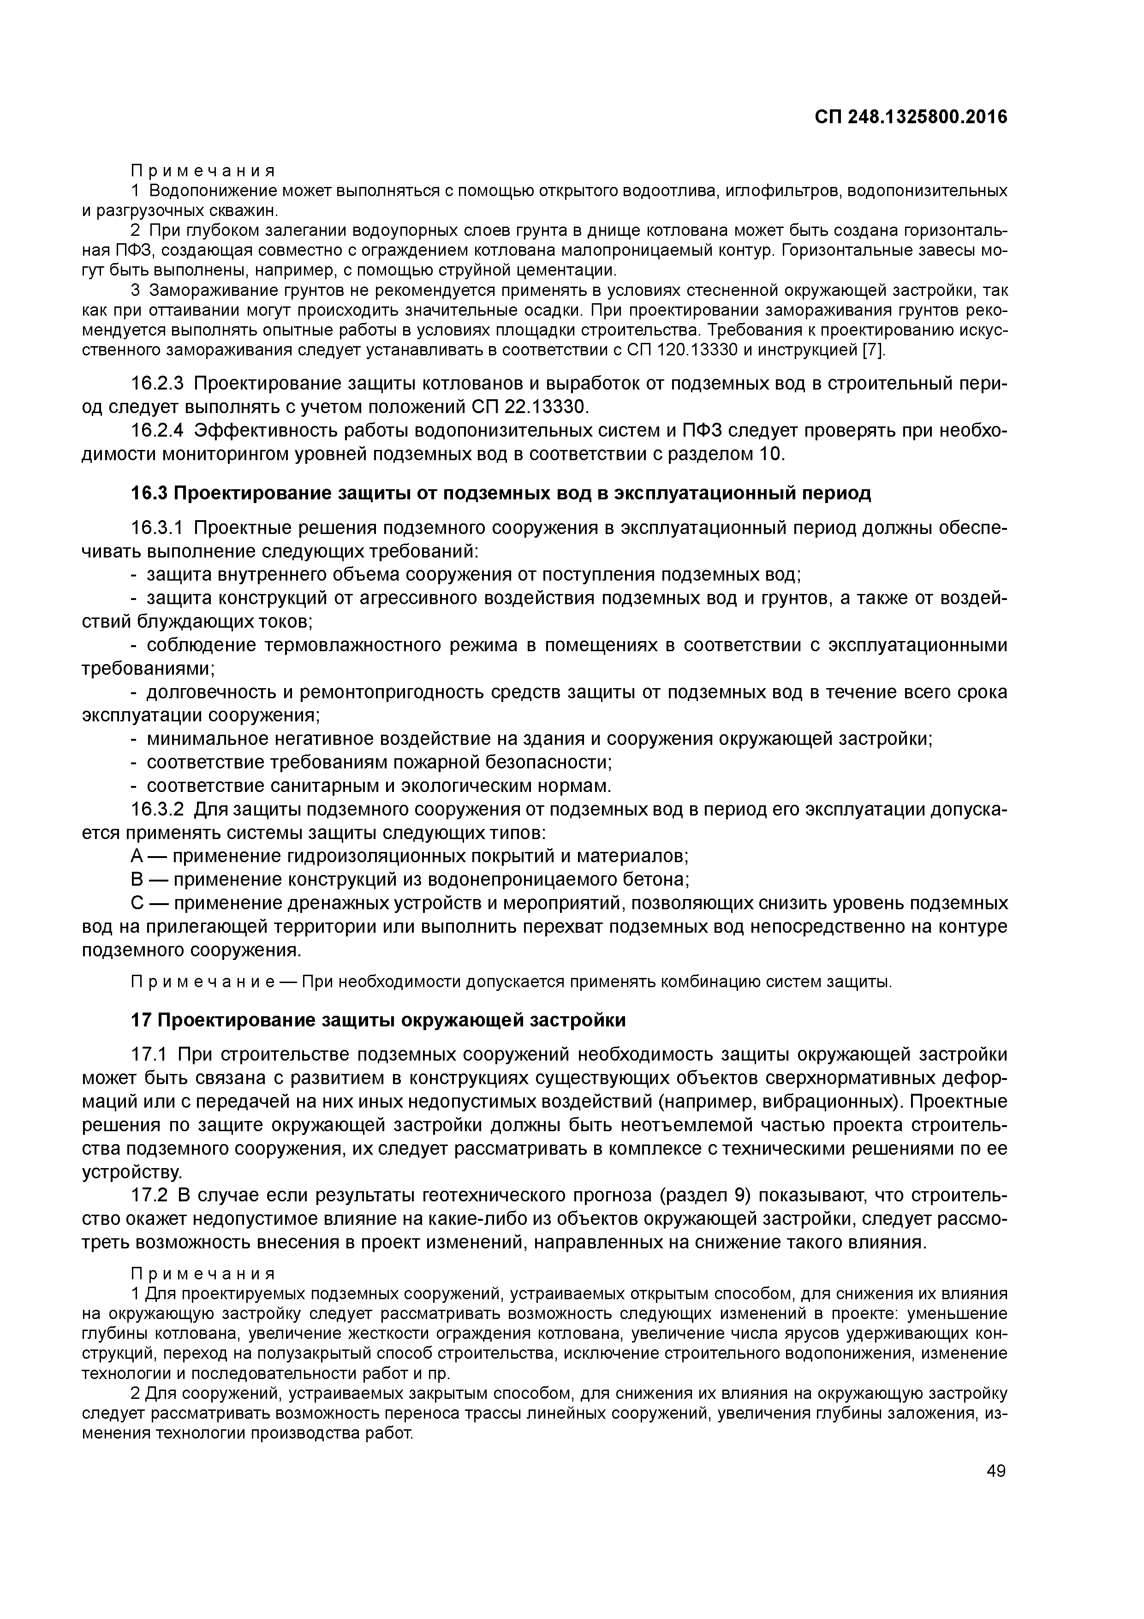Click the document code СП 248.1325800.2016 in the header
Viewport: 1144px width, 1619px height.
[x=911, y=117]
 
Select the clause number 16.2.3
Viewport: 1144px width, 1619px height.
[x=158, y=384]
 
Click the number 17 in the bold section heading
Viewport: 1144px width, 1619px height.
[x=140, y=1020]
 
